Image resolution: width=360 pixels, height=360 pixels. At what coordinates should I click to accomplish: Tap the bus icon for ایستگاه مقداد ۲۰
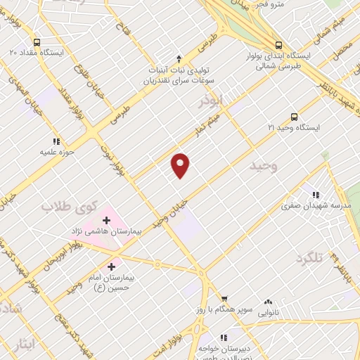[37, 41]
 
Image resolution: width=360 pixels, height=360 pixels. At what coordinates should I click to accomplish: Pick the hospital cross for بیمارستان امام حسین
[111, 267]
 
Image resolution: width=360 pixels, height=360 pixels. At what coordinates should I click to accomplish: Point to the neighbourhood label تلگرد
[310, 258]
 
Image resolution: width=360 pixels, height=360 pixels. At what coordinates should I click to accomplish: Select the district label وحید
[264, 166]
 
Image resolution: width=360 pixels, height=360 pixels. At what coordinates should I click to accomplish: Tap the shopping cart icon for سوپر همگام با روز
[224, 299]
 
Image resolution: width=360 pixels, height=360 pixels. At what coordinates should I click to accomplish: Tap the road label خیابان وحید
[173, 210]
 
